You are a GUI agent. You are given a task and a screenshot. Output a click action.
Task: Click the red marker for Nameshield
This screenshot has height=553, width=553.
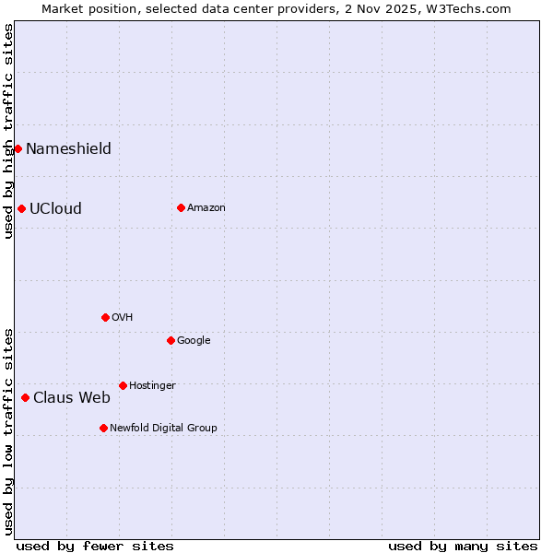click(x=18, y=148)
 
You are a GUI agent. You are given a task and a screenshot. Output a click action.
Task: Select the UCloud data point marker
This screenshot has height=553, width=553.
click(x=21, y=208)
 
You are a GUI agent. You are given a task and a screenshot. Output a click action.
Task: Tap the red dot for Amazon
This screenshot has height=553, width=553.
click(x=181, y=207)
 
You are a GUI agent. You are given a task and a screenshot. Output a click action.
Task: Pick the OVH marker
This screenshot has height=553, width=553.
click(x=105, y=317)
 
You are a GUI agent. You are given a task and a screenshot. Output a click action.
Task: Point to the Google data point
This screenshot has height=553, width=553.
click(x=171, y=340)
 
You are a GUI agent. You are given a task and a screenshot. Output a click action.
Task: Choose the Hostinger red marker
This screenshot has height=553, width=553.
click(x=123, y=385)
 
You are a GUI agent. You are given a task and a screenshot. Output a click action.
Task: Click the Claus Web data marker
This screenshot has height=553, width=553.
click(x=25, y=397)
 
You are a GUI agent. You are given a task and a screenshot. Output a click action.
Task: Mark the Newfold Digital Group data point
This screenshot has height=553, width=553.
click(x=103, y=428)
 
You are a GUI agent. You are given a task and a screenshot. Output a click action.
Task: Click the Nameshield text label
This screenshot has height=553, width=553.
click(x=68, y=149)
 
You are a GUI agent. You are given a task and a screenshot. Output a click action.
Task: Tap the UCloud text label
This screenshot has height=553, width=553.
click(x=55, y=209)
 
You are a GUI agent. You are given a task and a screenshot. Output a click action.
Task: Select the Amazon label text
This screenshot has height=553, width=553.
click(x=206, y=208)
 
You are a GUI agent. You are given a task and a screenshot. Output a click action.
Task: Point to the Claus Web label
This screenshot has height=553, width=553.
click(x=72, y=398)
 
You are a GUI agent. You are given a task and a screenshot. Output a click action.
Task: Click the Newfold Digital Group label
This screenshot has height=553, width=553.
click(x=164, y=428)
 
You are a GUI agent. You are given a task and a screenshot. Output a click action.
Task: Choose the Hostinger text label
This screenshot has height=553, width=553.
click(x=152, y=385)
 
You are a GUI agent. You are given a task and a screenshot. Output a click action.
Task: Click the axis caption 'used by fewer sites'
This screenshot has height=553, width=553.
click(x=95, y=546)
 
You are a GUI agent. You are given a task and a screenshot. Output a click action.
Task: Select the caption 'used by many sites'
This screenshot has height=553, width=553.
click(x=463, y=546)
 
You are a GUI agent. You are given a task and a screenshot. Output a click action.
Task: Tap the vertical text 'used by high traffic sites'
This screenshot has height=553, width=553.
click(x=9, y=131)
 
